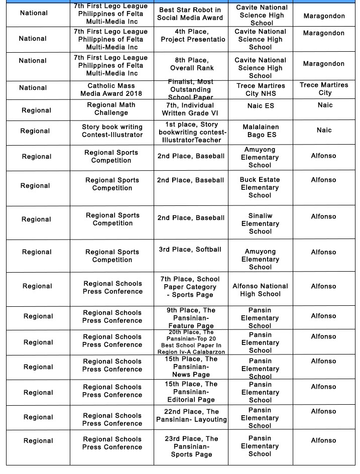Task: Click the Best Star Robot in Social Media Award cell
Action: tap(190, 14)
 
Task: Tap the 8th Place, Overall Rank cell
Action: tap(191, 64)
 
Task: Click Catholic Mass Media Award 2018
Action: tap(111, 90)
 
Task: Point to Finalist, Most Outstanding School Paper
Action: tap(190, 89)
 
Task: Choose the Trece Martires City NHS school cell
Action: tap(260, 90)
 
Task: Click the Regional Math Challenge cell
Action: tap(111, 109)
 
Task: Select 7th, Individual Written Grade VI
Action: tap(190, 109)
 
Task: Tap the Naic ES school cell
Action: tap(261, 106)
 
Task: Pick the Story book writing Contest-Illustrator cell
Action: tap(112, 131)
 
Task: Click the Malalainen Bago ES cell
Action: tap(261, 131)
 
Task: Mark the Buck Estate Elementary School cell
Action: tap(260, 187)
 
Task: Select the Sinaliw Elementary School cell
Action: tap(260, 223)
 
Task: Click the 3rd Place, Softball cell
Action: tap(190, 250)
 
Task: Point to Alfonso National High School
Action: tap(260, 290)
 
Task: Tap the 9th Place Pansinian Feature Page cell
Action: tap(191, 318)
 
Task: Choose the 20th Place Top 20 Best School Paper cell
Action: tap(191, 342)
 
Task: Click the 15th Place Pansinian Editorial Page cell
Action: tap(191, 392)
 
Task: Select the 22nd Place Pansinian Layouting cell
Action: tap(191, 415)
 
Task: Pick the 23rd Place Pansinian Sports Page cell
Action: tap(191, 446)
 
